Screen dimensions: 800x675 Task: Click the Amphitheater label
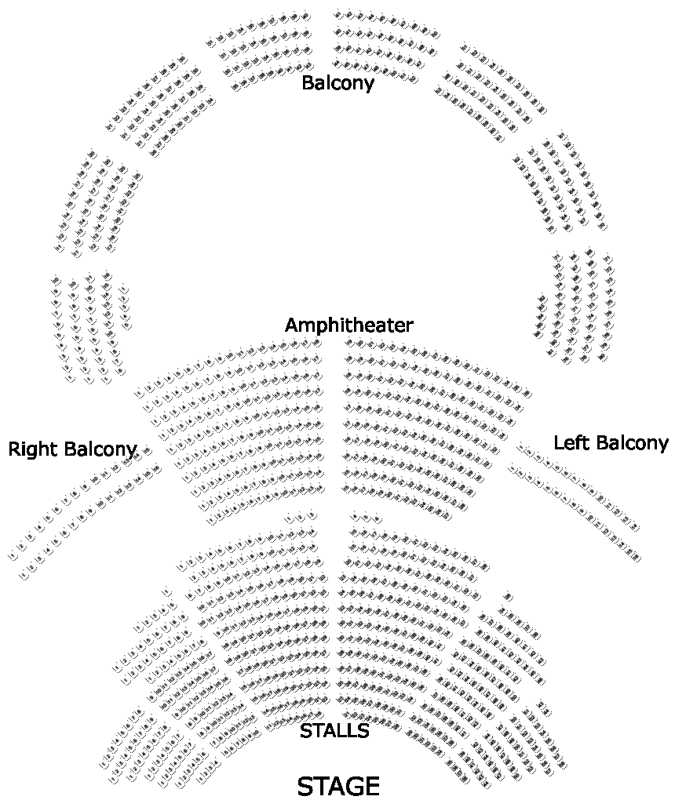pyautogui.click(x=348, y=325)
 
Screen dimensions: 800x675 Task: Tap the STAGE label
pyautogui.click(x=338, y=786)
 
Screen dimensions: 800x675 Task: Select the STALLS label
pyautogui.click(x=334, y=731)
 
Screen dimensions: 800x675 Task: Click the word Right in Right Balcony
pyautogui.click(x=34, y=449)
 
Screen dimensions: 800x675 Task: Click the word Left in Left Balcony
pyautogui.click(x=571, y=442)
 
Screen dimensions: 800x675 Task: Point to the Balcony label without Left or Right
pyautogui.click(x=337, y=83)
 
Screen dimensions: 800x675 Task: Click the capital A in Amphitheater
pyautogui.click(x=291, y=325)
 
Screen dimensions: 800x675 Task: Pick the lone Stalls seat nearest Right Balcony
pyautogui.click(x=167, y=592)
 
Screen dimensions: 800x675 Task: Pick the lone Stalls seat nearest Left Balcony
pyautogui.click(x=507, y=595)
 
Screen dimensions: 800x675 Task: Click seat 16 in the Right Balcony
pyautogui.click(x=156, y=469)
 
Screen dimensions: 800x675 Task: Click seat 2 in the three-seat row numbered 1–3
pyautogui.click(x=299, y=517)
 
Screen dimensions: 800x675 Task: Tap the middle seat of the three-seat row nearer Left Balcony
pyautogui.click(x=366, y=517)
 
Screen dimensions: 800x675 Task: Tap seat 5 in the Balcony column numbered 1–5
pyautogui.click(x=126, y=324)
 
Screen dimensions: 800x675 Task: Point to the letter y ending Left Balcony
pyautogui.click(x=663, y=445)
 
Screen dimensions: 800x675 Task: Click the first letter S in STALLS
pyautogui.click(x=306, y=731)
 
